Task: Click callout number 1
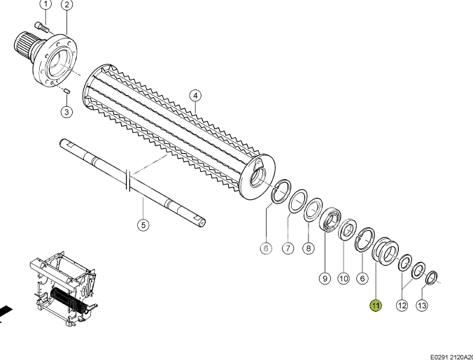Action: click(x=45, y=4)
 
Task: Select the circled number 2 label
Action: click(x=66, y=4)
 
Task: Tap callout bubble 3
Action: click(x=66, y=112)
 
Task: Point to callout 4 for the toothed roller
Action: click(x=195, y=96)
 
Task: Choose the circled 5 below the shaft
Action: click(x=143, y=224)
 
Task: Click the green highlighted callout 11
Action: click(x=376, y=305)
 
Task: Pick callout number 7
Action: click(x=288, y=248)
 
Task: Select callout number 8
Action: click(x=309, y=248)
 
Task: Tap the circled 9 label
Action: click(x=325, y=278)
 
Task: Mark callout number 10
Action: click(x=344, y=278)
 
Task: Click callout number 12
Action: click(x=402, y=305)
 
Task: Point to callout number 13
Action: click(x=422, y=305)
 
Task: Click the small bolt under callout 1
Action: click(x=42, y=27)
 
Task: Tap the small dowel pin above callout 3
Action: click(x=67, y=90)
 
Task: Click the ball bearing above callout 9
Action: click(x=330, y=219)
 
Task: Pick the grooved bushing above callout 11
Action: click(x=385, y=251)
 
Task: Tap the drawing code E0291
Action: click(x=439, y=357)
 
